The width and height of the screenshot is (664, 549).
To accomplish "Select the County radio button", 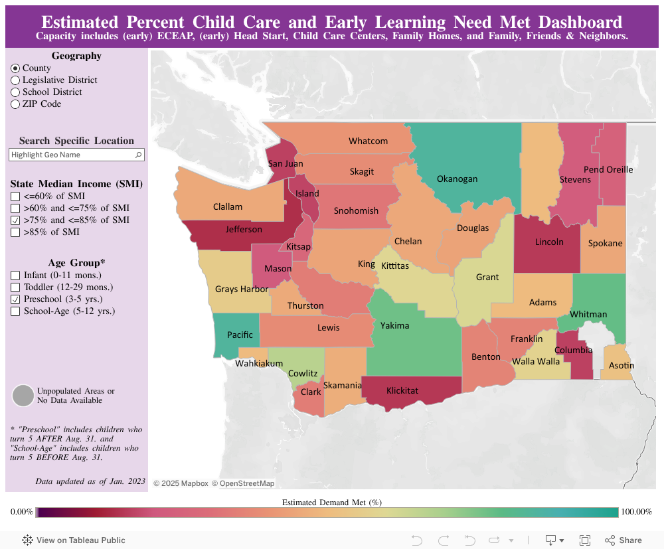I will [x=15, y=68].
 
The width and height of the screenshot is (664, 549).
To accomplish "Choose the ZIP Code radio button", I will [x=15, y=104].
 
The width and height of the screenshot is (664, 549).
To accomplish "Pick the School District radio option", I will [x=15, y=92].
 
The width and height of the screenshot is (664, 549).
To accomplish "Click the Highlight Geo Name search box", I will [x=72, y=155].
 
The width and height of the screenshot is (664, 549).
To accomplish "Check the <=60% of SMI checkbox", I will [x=15, y=196].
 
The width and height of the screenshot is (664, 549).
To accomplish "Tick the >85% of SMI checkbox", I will [x=15, y=232].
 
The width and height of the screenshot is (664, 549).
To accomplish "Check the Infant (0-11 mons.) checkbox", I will [x=15, y=275].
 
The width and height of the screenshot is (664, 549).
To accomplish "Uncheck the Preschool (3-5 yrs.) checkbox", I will [x=15, y=299].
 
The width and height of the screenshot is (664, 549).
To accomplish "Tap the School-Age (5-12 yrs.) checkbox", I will [x=15, y=311].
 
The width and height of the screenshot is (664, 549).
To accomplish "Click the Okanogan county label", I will [x=457, y=179].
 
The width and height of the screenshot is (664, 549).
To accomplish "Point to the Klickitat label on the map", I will [x=402, y=391].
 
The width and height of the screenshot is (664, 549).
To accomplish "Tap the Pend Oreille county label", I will [x=608, y=170].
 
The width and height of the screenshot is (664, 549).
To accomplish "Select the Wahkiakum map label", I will [x=259, y=364].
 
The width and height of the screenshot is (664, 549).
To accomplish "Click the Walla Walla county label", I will [x=535, y=362].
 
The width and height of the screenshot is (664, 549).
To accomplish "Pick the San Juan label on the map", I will [x=286, y=164].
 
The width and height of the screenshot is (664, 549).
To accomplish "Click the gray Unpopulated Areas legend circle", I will [x=23, y=396].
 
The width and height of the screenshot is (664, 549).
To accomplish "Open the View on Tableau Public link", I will [x=74, y=540].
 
